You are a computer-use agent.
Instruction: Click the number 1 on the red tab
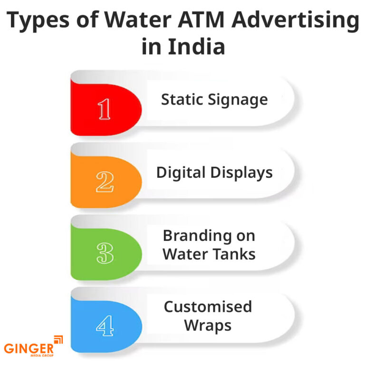coord(105,109)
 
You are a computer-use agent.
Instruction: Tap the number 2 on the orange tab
coord(105,182)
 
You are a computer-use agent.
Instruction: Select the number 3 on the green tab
coord(105,254)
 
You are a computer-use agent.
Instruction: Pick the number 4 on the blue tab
coord(105,326)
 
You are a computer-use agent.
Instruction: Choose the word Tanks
coord(235,254)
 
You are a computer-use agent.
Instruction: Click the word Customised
coord(208,307)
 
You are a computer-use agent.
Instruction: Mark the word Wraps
coord(208,326)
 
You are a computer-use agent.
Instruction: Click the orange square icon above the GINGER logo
coord(58,339)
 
